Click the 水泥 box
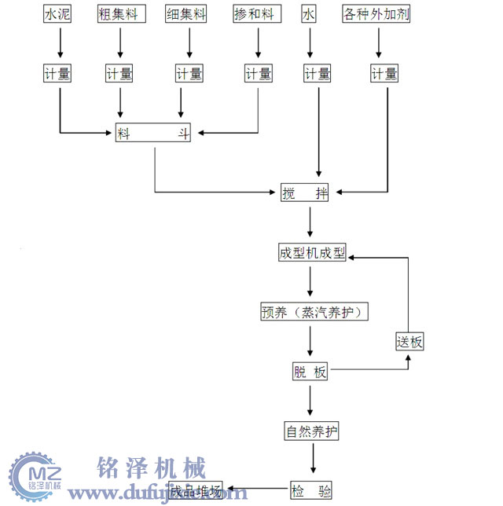[60, 14]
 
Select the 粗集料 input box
[119, 14]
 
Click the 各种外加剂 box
[376, 14]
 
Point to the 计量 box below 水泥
[58, 75]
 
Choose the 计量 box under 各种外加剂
[384, 75]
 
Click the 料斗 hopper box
[154, 134]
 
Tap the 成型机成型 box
[311, 253]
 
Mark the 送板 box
[409, 342]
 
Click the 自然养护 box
[312, 432]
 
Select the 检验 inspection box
[311, 492]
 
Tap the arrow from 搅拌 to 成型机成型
[311, 222]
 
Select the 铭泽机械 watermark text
[151, 469]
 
